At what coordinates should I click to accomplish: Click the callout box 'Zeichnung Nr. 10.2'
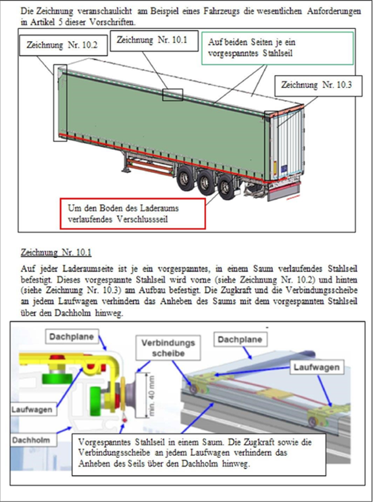[x=63, y=45]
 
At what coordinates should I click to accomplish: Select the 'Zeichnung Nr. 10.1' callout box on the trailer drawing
[x=154, y=41]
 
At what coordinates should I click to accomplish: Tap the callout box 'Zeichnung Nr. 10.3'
[x=318, y=86]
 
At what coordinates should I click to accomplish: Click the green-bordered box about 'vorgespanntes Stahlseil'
[x=277, y=48]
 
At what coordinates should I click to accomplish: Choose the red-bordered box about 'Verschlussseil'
[x=132, y=214]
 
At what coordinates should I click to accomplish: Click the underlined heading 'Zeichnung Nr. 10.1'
[x=56, y=253]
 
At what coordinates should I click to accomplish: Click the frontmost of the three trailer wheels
[x=185, y=178]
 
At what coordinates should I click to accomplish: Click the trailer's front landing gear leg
[x=125, y=163]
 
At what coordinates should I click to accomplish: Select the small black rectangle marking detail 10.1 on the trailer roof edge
[x=172, y=95]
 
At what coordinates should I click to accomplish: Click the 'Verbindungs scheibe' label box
[x=168, y=347]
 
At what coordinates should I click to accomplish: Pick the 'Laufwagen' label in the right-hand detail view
[x=316, y=367]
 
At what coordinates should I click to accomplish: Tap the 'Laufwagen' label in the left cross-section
[x=32, y=409]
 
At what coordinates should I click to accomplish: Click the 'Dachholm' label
[x=31, y=440]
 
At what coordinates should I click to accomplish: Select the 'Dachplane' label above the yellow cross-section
[x=72, y=337]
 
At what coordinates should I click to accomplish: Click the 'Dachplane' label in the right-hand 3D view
[x=240, y=339]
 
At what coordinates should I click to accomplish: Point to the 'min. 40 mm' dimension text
[x=151, y=395]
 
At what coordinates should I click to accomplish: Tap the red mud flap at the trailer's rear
[x=284, y=191]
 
